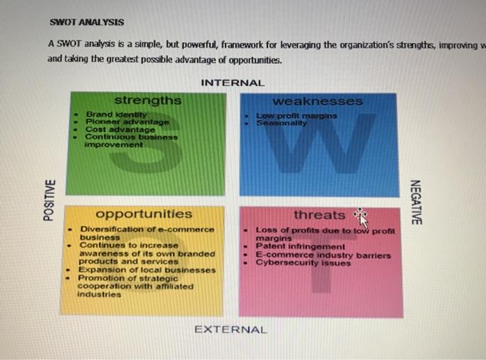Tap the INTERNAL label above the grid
coord(233,83)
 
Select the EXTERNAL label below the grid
coord(231,329)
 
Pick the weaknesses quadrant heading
coord(317,101)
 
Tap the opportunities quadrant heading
coord(144,214)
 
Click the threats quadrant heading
coord(319,215)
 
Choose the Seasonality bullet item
coord(280,122)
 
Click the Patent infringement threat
coord(300,246)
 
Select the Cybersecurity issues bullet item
coord(303,263)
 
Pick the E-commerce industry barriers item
coord(323,255)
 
